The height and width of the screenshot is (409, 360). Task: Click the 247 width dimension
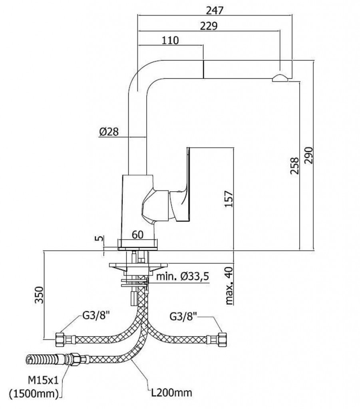click(x=215, y=10)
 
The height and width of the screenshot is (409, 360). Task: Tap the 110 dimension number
click(x=170, y=40)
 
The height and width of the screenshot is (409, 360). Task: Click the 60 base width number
click(x=138, y=235)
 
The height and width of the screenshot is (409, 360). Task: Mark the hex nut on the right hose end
click(x=222, y=339)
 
